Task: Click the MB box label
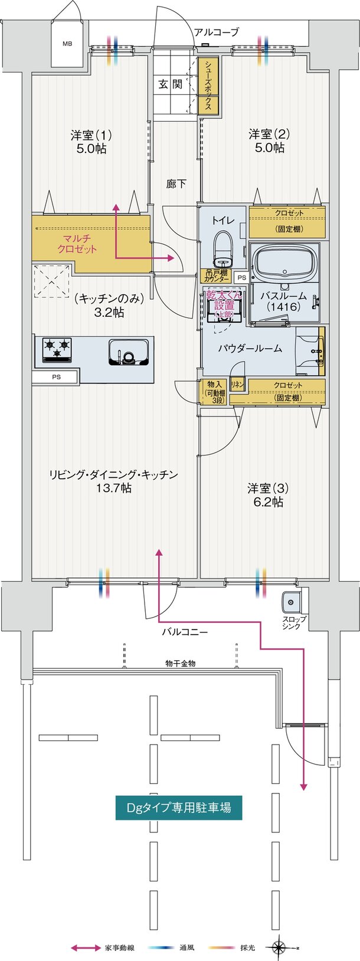coord(68,44)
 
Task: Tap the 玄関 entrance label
coord(170,84)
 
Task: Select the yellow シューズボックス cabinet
coord(209,87)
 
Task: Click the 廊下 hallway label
coord(176,184)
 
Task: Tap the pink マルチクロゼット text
coord(77,244)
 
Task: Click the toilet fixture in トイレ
coord(223,248)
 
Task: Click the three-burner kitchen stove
coord(57,349)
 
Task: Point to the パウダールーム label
coord(250,348)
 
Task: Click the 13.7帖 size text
coord(114,488)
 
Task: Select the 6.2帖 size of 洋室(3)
coord(268,502)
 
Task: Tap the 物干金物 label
coord(180,664)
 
